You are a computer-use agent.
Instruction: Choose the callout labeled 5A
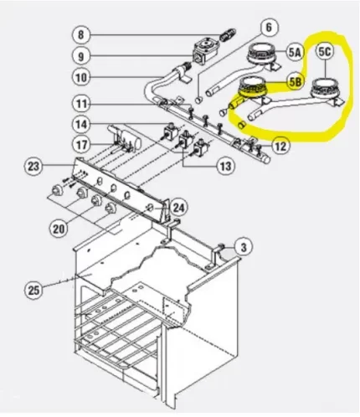294,52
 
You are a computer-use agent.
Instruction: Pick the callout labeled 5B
294,82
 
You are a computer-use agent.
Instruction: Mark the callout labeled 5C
325,52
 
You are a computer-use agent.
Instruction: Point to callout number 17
81,144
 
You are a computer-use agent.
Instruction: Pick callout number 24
178,207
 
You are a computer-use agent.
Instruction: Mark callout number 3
243,247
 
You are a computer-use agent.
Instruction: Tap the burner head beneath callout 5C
322,87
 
